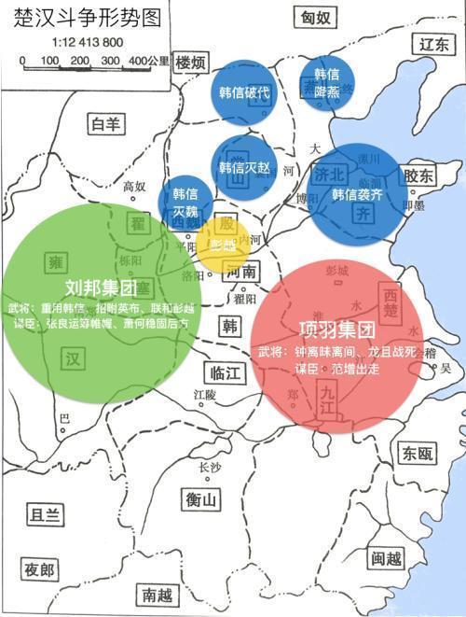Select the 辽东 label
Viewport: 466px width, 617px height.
coord(433,44)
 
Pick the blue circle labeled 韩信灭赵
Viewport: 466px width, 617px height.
coord(243,168)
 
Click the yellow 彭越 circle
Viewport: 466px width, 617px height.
coord(223,245)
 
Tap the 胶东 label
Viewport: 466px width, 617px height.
coord(420,175)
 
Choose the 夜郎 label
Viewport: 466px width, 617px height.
coord(39,569)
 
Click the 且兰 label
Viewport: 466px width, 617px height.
coord(45,514)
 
